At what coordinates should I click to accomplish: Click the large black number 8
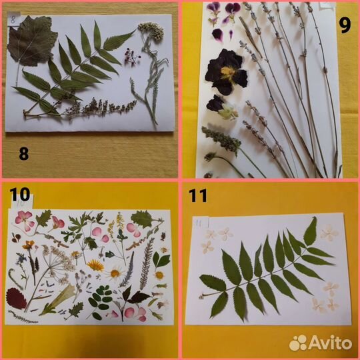[x=24, y=153]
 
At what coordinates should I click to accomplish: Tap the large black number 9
[x=345, y=25]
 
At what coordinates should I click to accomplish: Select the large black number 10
[x=20, y=194]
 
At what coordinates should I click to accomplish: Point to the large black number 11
[x=198, y=195]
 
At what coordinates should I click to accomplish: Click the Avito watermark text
[x=331, y=343]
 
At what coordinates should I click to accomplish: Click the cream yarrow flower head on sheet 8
[x=151, y=30]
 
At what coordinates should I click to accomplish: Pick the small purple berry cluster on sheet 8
[x=132, y=57]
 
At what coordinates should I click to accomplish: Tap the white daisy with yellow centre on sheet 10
[x=115, y=273]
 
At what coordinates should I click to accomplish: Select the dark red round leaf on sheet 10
[x=15, y=298]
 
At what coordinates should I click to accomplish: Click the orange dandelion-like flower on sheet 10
[x=96, y=265]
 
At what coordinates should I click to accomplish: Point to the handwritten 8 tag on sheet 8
[x=13, y=19]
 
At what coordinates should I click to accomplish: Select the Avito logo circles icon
[x=298, y=343]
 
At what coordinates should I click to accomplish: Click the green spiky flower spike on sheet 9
[x=221, y=138]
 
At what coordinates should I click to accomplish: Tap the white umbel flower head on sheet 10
[x=60, y=262]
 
